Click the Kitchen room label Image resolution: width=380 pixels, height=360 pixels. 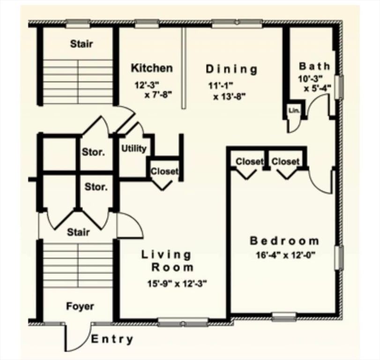tap(151, 68)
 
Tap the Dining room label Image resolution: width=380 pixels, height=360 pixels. tap(231, 69)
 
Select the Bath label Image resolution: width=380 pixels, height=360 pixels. tap(314, 66)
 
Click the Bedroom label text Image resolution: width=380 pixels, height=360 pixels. tap(284, 241)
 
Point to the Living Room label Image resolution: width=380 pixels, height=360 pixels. tap(167, 261)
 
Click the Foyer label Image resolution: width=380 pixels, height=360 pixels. tap(80, 307)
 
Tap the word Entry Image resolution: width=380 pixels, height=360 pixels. tap(112, 339)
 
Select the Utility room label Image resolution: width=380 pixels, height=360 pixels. tap(134, 149)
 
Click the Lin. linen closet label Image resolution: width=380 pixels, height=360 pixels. tap(294, 111)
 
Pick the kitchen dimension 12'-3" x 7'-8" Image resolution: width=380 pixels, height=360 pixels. tap(154, 90)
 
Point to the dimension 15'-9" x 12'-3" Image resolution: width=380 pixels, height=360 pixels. tap(177, 283)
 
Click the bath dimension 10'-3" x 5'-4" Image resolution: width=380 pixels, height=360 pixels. tap(314, 83)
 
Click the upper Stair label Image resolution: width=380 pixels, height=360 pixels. tap(82, 44)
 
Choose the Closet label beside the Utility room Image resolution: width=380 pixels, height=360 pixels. tap(164, 172)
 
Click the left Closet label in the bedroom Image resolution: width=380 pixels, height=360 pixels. tap(249, 162)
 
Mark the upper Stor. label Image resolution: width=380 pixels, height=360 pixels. tap(93, 152)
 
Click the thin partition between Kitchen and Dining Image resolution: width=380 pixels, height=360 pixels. tap(184, 68)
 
